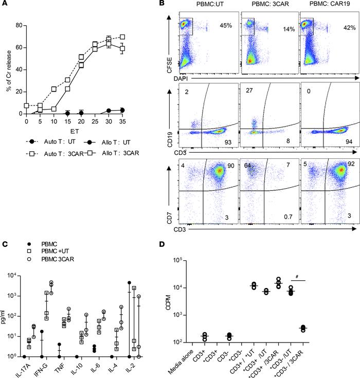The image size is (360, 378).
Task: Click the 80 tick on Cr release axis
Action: coord(20,25)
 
